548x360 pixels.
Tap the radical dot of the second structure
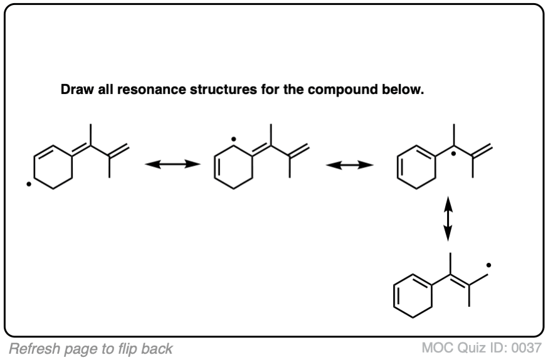tap(233, 136)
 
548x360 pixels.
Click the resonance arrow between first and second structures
tap(172, 165)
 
